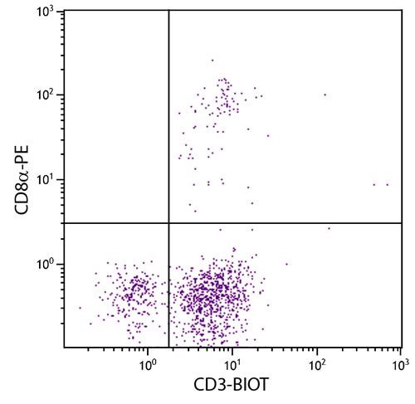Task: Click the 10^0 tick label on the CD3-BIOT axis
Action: pyautogui.click(x=147, y=363)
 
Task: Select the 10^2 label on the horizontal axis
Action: pyautogui.click(x=316, y=363)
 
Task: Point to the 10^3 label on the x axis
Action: pyautogui.click(x=398, y=363)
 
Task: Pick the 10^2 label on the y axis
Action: pyautogui.click(x=44, y=95)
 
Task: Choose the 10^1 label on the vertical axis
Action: pyautogui.click(x=44, y=180)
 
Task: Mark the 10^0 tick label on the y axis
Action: pyautogui.click(x=44, y=265)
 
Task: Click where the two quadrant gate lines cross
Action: pyautogui.click(x=168, y=222)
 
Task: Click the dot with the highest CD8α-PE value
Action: pyautogui.click(x=212, y=60)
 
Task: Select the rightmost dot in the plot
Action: pyautogui.click(x=388, y=184)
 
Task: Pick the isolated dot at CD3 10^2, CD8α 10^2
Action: pyautogui.click(x=325, y=95)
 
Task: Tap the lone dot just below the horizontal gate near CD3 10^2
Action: pyautogui.click(x=329, y=227)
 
